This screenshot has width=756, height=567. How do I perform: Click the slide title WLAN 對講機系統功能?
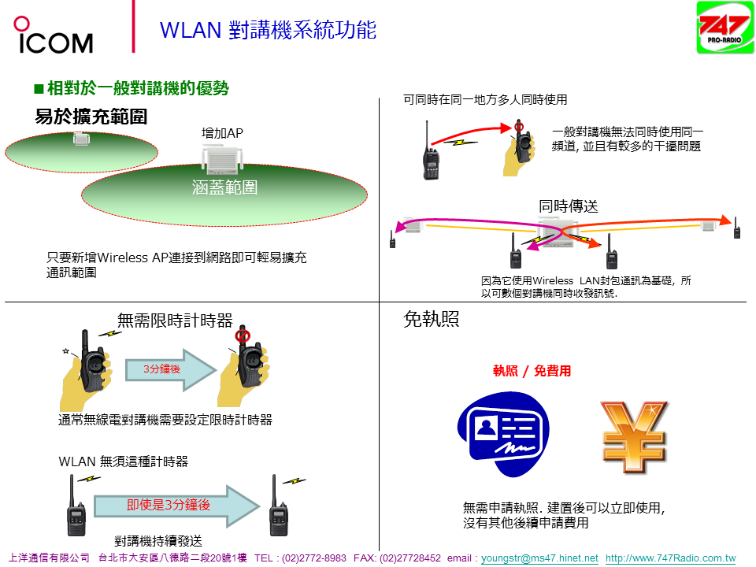click(268, 30)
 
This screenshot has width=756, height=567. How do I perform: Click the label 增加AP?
click(222, 134)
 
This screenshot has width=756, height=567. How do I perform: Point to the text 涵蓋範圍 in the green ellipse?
click(224, 187)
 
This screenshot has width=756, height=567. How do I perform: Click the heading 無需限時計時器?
click(175, 321)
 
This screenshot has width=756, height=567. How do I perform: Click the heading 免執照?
click(431, 320)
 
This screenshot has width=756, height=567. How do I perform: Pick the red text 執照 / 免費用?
click(532, 371)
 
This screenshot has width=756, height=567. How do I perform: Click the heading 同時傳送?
click(569, 206)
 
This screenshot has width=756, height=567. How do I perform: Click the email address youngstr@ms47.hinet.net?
click(539, 558)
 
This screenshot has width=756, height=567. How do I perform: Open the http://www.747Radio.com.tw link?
click(670, 558)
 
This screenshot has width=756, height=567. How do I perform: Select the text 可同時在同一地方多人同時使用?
click(485, 100)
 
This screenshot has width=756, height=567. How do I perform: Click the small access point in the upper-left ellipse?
click(80, 139)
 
